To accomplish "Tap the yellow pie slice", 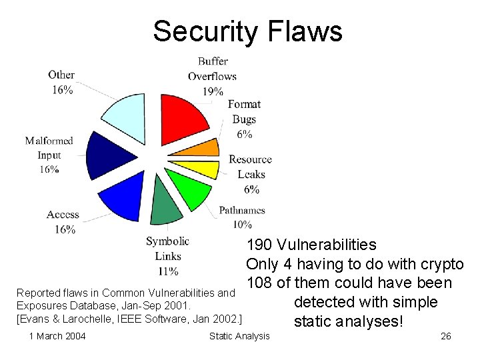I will [x=200, y=165].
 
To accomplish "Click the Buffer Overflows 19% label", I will [x=212, y=76].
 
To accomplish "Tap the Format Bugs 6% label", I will [x=244, y=119].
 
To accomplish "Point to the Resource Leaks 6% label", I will [x=250, y=174].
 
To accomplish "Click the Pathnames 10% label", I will [x=241, y=217].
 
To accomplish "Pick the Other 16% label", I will [x=61, y=82].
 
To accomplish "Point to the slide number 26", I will [x=446, y=336].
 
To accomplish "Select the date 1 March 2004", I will [x=57, y=336].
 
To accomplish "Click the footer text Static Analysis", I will [x=239, y=336].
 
